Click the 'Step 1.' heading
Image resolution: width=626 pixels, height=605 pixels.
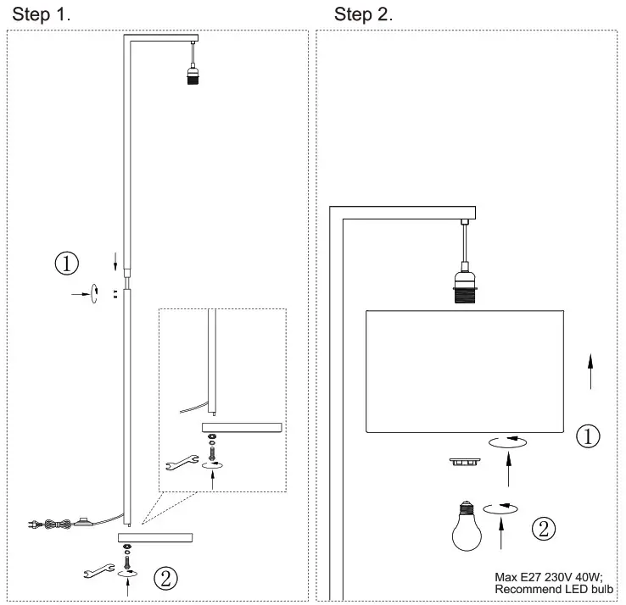41,14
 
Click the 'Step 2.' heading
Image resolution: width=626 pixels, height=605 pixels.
364,14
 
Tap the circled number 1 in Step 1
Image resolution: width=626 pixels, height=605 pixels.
68,263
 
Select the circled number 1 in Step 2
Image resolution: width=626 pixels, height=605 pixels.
588,436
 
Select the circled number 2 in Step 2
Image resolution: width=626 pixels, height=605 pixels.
544,529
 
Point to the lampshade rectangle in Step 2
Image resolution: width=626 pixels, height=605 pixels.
465,371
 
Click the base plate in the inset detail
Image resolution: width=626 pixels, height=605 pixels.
242,426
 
